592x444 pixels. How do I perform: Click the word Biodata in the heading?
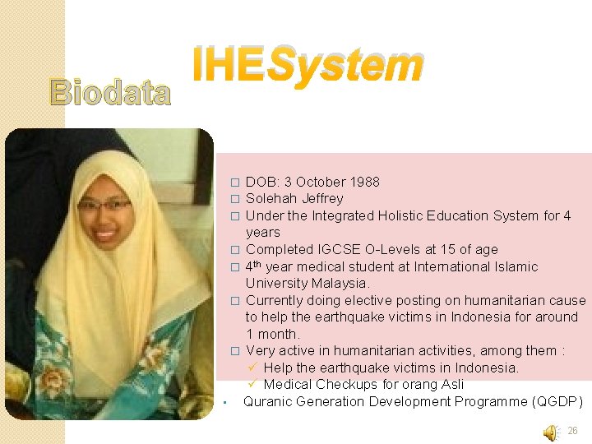(x=110, y=94)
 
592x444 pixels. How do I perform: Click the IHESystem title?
(x=308, y=67)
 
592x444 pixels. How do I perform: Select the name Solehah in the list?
(x=271, y=199)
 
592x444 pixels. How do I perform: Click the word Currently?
(x=275, y=301)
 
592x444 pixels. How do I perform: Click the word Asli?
(x=448, y=385)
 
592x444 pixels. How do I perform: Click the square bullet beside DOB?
(x=234, y=183)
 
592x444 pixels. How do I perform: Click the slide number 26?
(x=573, y=431)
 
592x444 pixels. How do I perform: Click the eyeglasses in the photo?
(x=104, y=205)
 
